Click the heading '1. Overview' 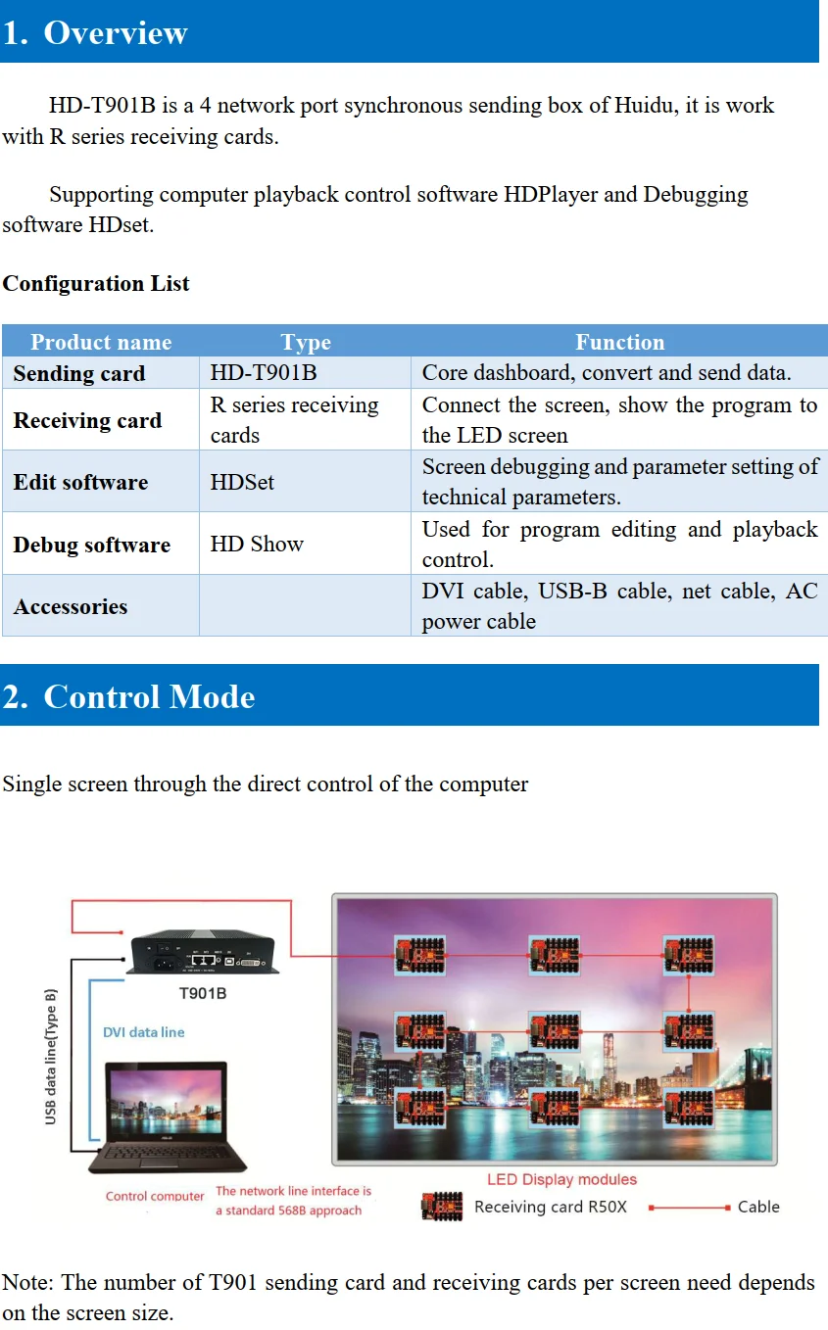pyautogui.click(x=95, y=32)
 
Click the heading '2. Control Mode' pyautogui.click(x=128, y=696)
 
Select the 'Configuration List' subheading pyautogui.click(x=96, y=284)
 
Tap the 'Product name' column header pyautogui.click(x=101, y=342)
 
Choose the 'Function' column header pyautogui.click(x=619, y=342)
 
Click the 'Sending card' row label pyautogui.click(x=79, y=373)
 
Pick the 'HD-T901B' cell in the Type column pyautogui.click(x=264, y=373)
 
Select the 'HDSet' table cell pyautogui.click(x=242, y=482)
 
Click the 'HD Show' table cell pyautogui.click(x=257, y=545)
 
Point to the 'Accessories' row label pyautogui.click(x=71, y=607)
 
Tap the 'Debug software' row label pyautogui.click(x=92, y=545)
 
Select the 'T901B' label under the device pyautogui.click(x=202, y=993)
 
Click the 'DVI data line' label pyautogui.click(x=143, y=1032)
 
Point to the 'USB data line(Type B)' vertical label pyautogui.click(x=51, y=1057)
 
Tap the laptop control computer pyautogui.click(x=167, y=1116)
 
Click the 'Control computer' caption pyautogui.click(x=155, y=1196)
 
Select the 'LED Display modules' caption pyautogui.click(x=561, y=1180)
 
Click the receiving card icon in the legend pyautogui.click(x=441, y=1207)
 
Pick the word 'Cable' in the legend pyautogui.click(x=758, y=1207)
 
